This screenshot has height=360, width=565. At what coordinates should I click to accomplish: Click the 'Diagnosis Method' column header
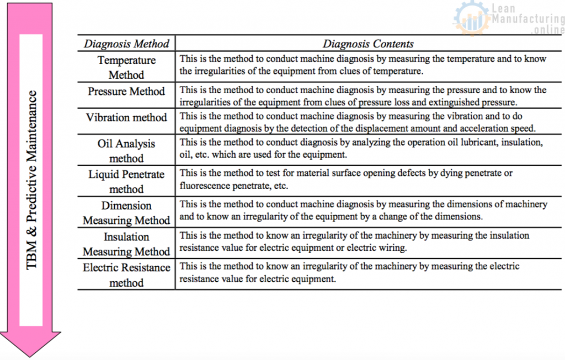click(126, 44)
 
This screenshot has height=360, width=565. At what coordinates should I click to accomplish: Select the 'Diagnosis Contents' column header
click(368, 44)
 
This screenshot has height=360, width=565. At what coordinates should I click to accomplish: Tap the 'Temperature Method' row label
click(126, 67)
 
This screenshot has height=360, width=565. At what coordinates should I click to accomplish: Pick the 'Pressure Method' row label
click(126, 92)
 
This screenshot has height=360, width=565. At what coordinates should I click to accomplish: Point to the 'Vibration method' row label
click(126, 117)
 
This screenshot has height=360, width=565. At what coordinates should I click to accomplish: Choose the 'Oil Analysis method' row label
click(126, 151)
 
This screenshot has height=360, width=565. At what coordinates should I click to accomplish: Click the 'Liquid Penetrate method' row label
click(126, 181)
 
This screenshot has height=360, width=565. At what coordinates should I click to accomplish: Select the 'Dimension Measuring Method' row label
click(126, 213)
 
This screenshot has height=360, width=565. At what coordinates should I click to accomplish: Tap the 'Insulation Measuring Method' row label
click(126, 244)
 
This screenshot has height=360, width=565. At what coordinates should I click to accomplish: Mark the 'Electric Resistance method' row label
click(126, 275)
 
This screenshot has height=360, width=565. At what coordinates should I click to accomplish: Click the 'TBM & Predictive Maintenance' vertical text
click(33, 179)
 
